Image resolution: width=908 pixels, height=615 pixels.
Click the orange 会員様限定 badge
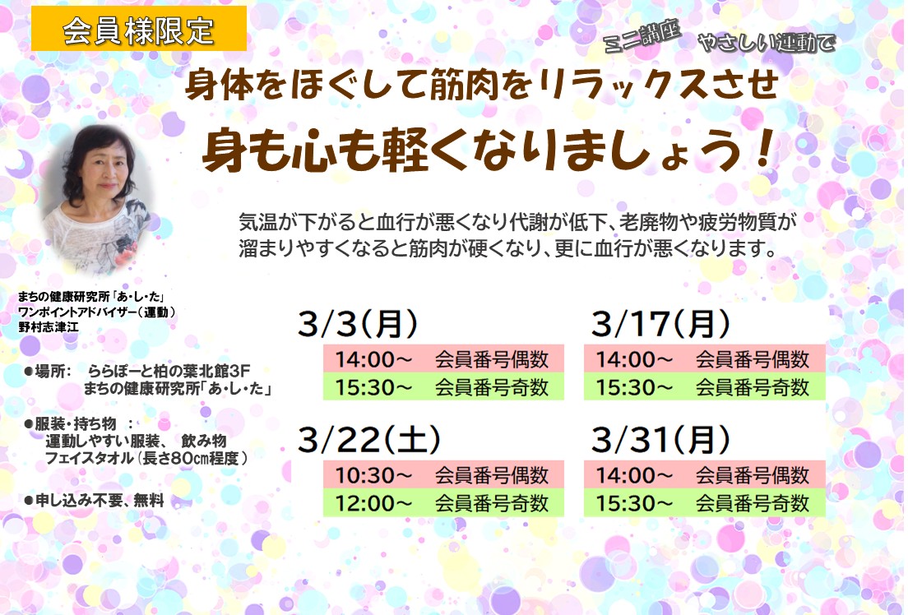pos(138,29)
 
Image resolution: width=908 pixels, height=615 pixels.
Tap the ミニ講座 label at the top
pos(642,36)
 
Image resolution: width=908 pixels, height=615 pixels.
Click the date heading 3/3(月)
pos(357,323)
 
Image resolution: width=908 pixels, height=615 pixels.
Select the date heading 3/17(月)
pos(660,323)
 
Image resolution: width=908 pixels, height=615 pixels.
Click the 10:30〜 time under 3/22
pos(373,475)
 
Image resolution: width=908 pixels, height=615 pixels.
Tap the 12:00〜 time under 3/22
pos(373,503)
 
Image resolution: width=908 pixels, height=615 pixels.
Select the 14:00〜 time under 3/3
pos(373,359)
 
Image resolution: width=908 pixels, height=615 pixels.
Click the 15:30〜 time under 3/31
pos(634,503)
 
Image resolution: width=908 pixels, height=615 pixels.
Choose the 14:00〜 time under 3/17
pos(634,359)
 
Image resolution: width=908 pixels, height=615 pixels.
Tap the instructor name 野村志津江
pos(48,327)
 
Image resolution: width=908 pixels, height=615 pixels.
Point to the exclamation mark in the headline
pos(764,150)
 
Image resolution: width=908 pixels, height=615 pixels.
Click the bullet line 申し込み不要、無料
pos(95,501)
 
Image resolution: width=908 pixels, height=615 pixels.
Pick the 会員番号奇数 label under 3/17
pos(752,387)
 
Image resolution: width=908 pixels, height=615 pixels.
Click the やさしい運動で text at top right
pos(767,42)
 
